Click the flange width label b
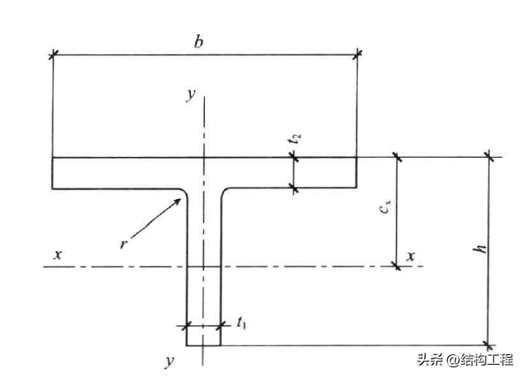(199, 42)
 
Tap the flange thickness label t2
(294, 139)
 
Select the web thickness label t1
(241, 324)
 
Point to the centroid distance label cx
(386, 206)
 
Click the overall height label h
(480, 249)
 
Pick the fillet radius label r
(124, 245)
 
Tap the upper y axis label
(191, 95)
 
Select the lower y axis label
(170, 361)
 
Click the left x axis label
(58, 255)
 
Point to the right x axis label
(411, 256)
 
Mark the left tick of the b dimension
(53, 54)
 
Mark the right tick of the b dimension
(358, 53)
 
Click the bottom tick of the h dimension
(490, 345)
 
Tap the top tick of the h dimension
(490, 156)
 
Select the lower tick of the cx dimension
(397, 267)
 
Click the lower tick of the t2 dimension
(294, 189)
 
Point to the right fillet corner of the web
(223, 192)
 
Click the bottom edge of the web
(203, 345)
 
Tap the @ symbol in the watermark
(453, 360)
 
